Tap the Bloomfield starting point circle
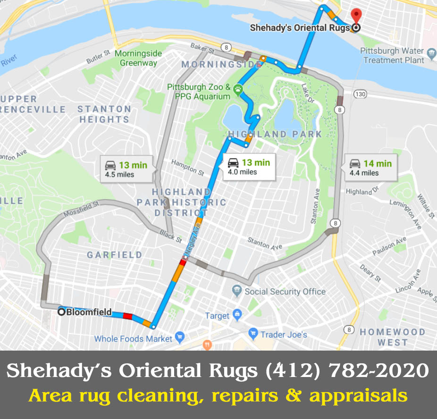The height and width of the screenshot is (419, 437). (x=61, y=311)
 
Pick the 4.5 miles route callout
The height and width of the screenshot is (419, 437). (x=126, y=169)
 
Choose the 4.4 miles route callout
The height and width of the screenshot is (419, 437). (x=371, y=168)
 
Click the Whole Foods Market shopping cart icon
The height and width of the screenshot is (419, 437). (x=179, y=337)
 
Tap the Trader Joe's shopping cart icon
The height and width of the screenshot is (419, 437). (x=253, y=334)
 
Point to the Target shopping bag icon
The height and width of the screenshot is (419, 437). (x=237, y=315)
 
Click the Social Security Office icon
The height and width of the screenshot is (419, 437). (x=237, y=291)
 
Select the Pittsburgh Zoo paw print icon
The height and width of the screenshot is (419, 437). (x=239, y=88)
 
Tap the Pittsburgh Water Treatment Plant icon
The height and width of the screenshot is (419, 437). (x=430, y=52)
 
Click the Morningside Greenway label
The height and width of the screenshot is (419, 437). (x=138, y=58)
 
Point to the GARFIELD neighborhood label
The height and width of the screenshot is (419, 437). (x=114, y=255)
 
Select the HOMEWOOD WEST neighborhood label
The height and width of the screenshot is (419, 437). (x=392, y=337)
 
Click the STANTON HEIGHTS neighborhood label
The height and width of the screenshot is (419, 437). (x=104, y=114)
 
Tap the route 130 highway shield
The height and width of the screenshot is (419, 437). (x=361, y=94)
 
